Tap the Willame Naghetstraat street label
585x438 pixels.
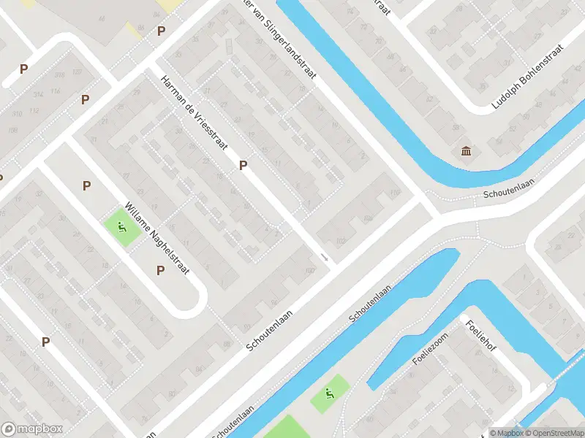158,237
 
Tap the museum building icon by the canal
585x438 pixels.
466,151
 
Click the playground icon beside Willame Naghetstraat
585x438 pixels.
122,227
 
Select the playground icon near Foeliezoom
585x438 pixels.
330,394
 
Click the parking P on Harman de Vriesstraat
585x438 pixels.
243,166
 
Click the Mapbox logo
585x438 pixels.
32,429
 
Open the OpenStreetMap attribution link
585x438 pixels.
549,432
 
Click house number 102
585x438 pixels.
340,242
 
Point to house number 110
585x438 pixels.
395,193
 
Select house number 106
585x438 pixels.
368,218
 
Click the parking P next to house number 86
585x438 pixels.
45,341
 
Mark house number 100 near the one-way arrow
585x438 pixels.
310,271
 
